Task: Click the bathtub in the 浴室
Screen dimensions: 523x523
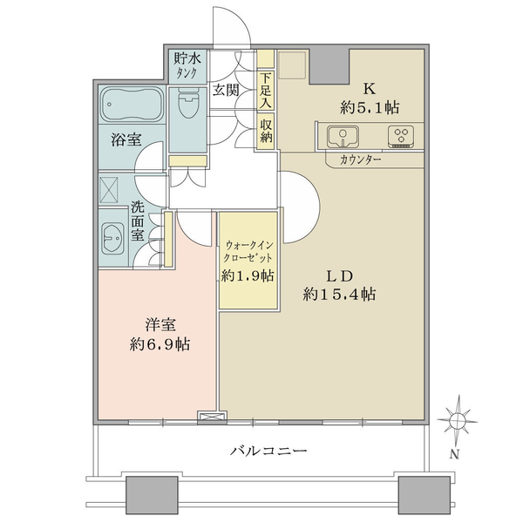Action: [x=132, y=105]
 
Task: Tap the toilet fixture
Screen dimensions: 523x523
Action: [x=187, y=102]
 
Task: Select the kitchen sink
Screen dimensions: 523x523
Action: [x=343, y=137]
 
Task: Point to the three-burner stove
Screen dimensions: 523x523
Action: [x=401, y=137]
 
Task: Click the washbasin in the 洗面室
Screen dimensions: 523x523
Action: [x=112, y=238]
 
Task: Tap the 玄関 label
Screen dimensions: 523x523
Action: [x=226, y=90]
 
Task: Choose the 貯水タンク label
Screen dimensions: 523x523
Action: [x=187, y=65]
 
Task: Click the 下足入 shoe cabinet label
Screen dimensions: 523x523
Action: [x=266, y=90]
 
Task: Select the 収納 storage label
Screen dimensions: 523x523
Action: [x=266, y=131]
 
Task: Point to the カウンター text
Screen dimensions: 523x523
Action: [x=361, y=160]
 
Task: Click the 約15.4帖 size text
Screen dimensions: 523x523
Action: [x=340, y=295]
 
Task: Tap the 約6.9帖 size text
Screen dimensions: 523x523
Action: [x=160, y=344]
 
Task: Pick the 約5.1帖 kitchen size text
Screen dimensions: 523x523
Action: [x=370, y=108]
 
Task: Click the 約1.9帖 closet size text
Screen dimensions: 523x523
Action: [x=248, y=275]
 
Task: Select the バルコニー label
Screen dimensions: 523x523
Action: [x=268, y=451]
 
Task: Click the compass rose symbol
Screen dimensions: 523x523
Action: [x=458, y=419]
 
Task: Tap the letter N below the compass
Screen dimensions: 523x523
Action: [x=454, y=454]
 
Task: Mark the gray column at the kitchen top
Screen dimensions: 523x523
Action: [x=329, y=67]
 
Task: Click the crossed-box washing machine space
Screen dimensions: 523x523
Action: [x=109, y=190]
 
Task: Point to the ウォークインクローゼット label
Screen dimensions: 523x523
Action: [x=248, y=251]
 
